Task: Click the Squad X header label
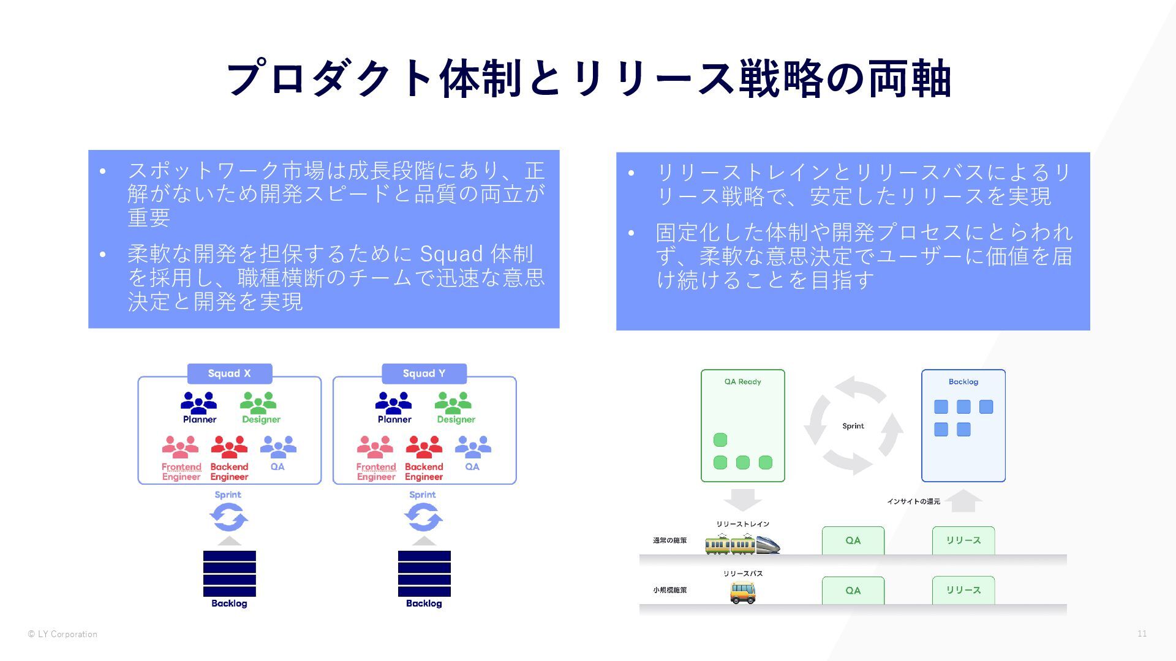click(x=229, y=373)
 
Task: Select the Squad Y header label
click(x=424, y=373)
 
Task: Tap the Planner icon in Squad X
click(x=198, y=403)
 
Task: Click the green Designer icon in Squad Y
click(x=453, y=403)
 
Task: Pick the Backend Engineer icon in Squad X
click(x=229, y=447)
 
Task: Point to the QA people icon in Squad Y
click(x=472, y=447)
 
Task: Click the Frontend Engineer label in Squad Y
click(x=376, y=472)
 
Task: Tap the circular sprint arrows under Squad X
click(x=228, y=518)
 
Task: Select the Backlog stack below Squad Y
click(x=424, y=573)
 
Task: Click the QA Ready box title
click(x=742, y=382)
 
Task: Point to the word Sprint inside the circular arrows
click(x=853, y=426)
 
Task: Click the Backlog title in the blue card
click(x=963, y=382)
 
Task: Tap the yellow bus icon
click(x=742, y=592)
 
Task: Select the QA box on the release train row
click(x=853, y=540)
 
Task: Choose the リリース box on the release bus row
click(x=963, y=590)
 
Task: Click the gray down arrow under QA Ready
click(x=742, y=499)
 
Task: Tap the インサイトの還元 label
click(x=913, y=502)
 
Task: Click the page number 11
click(x=1142, y=633)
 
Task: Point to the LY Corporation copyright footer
click(x=62, y=634)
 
